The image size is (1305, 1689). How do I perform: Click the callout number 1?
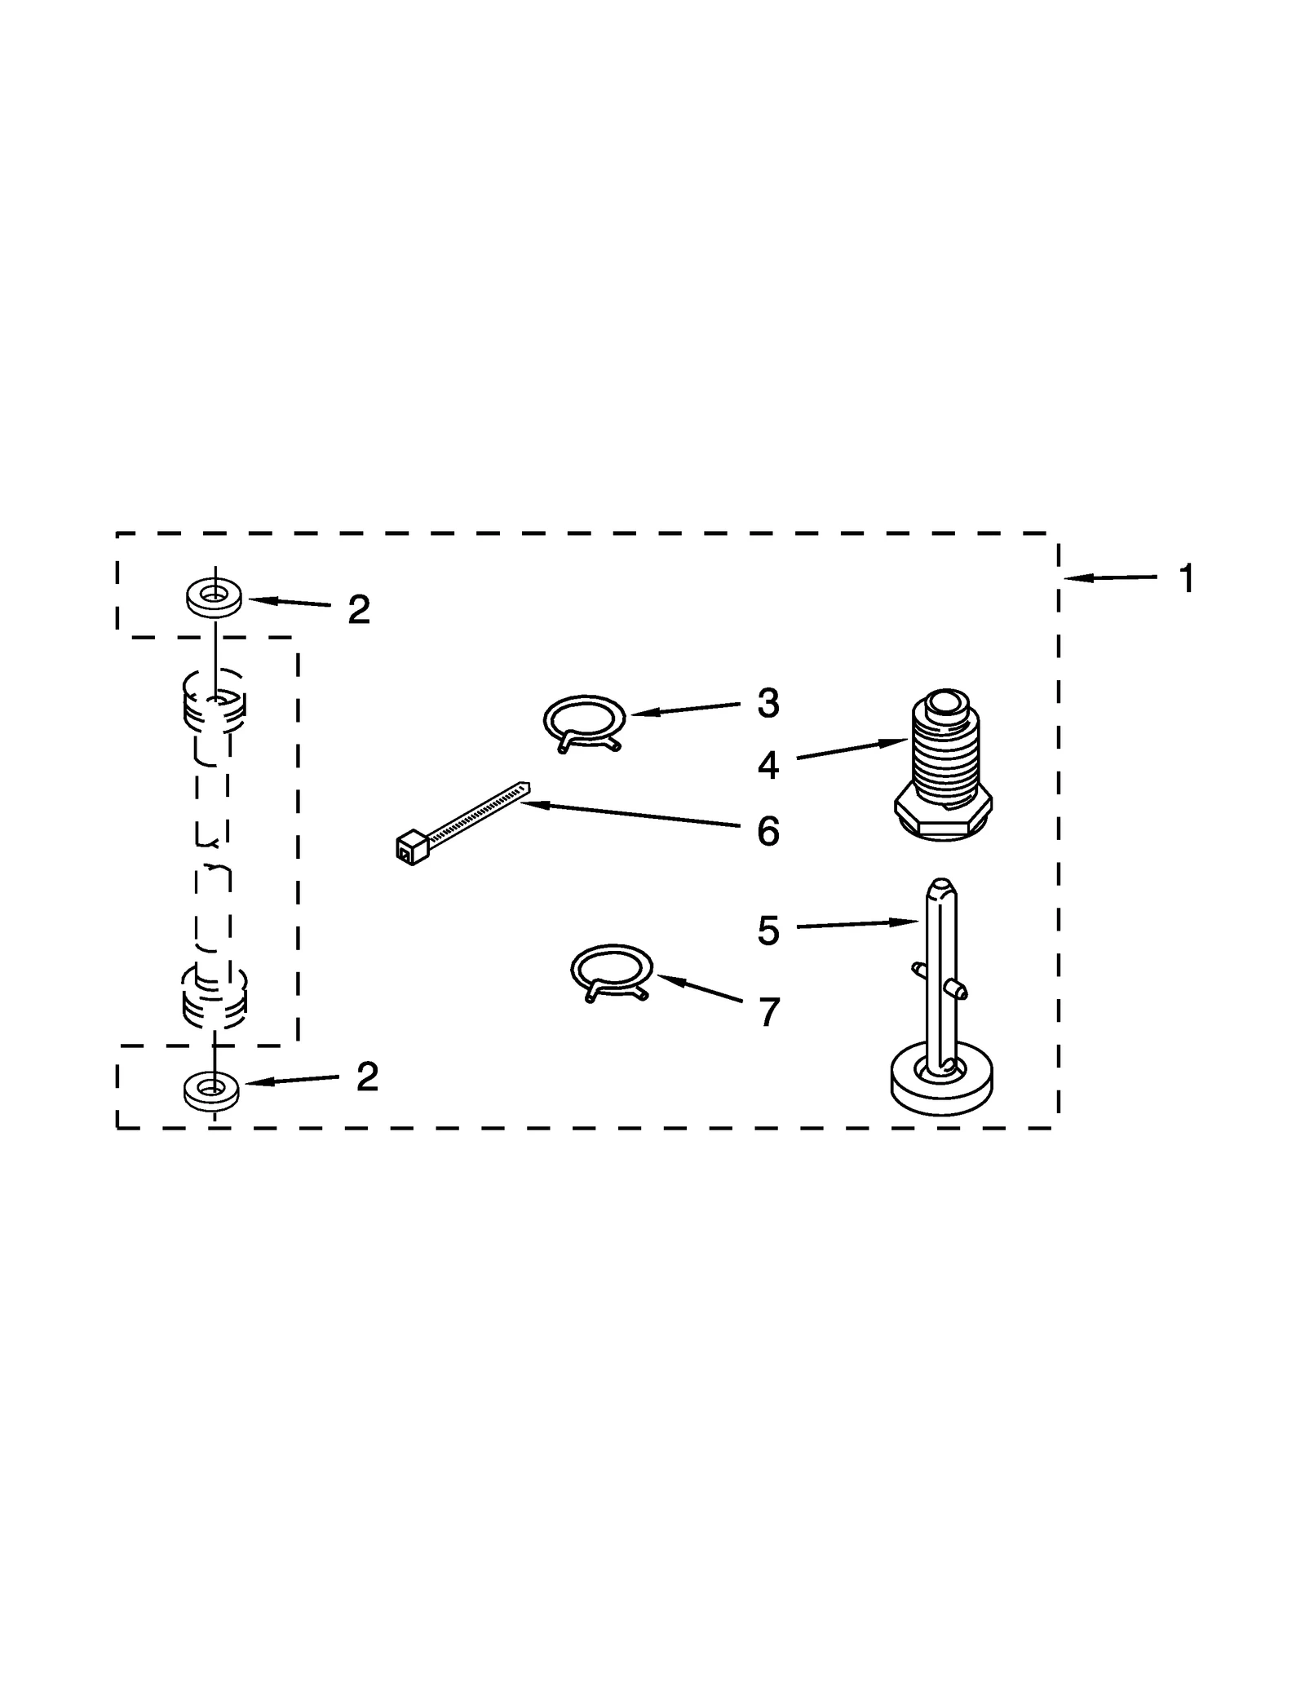(1187, 579)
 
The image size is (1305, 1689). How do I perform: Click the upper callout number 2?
(359, 609)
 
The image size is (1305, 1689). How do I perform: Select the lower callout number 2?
(367, 1077)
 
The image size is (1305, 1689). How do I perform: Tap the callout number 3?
(768, 703)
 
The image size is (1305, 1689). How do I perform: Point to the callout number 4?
(768, 766)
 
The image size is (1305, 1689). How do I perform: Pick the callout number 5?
(768, 931)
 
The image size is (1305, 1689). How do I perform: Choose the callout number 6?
(768, 832)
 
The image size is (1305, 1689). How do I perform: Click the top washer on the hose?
(214, 597)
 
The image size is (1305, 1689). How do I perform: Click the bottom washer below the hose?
(212, 1090)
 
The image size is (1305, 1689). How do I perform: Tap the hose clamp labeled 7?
(611, 971)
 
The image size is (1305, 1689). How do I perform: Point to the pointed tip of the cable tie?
(525, 786)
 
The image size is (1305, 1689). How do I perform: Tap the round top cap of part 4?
(944, 701)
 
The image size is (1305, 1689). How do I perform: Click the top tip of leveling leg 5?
(941, 885)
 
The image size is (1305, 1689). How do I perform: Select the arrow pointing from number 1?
(1109, 578)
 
